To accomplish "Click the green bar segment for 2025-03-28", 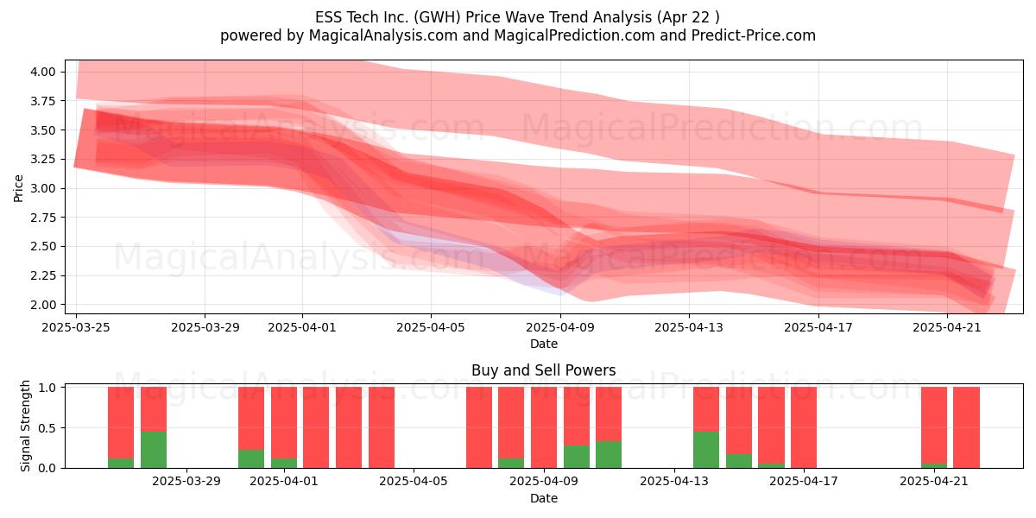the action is click(154, 450).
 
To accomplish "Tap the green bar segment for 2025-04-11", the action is click(609, 454).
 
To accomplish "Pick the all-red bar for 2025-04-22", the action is click(967, 427).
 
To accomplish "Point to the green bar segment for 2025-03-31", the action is click(251, 458).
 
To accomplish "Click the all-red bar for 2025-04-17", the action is click(804, 427).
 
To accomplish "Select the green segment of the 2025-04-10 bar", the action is click(577, 457).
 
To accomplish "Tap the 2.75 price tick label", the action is click(43, 218).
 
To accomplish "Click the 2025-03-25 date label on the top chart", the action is click(76, 327).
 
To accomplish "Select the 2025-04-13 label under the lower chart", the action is click(674, 482).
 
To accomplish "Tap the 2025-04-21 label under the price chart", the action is click(947, 327).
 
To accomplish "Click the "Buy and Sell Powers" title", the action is click(543, 370).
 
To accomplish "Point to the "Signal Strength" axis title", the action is click(25, 426).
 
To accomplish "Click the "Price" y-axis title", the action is click(18, 188).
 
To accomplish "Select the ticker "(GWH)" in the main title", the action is click(437, 17).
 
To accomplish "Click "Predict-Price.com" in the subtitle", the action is click(754, 35).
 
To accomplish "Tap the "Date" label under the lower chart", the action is click(543, 498).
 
